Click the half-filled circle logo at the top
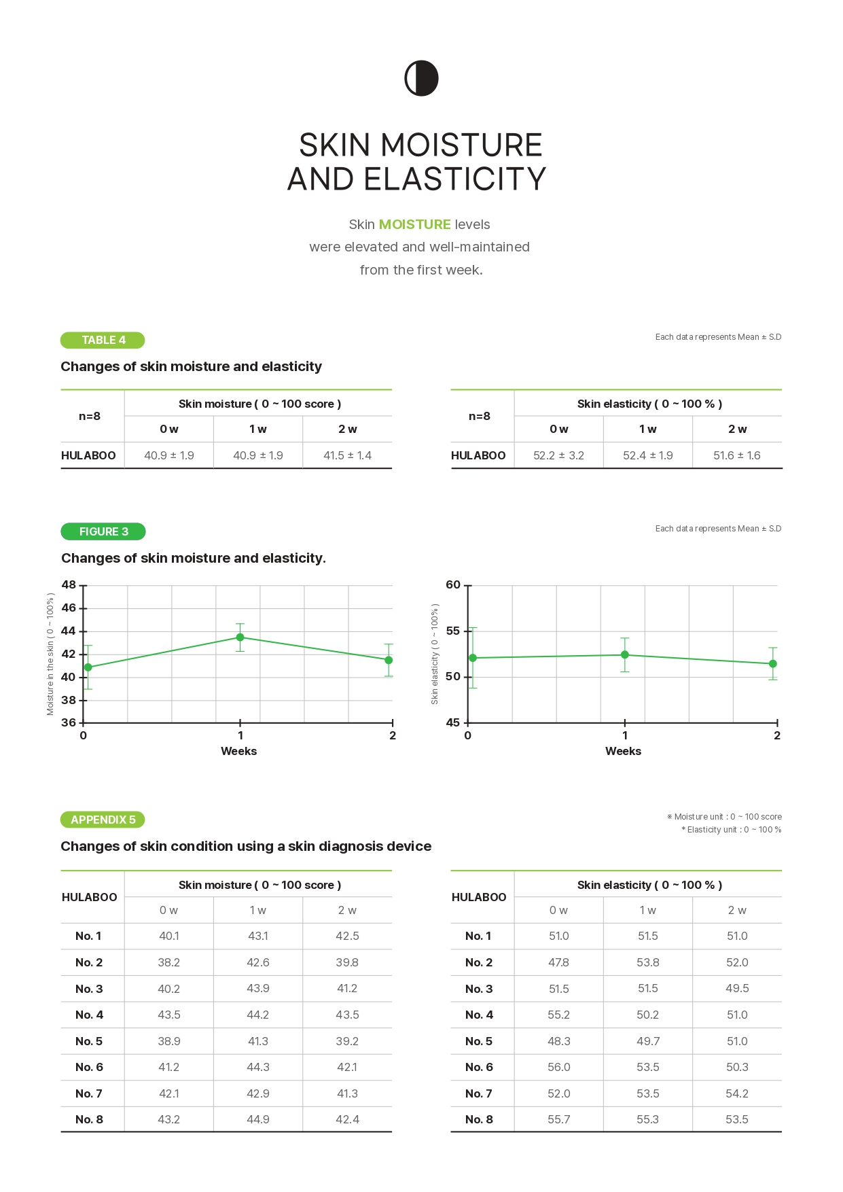421,78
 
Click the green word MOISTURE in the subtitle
414,224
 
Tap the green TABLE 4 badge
103,340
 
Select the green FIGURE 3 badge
103,531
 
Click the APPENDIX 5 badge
103,820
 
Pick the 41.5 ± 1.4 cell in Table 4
347,455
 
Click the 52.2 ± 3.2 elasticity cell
558,455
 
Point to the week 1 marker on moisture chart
240,637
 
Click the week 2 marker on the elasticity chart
772,664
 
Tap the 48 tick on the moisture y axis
69,585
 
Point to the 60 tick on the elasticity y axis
453,585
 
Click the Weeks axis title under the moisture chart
238,751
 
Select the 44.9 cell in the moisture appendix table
258,1119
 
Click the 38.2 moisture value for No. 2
168,962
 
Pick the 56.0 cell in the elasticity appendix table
558,1067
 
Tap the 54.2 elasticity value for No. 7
737,1093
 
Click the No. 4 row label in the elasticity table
479,1015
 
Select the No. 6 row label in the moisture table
89,1067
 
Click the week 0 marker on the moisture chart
88,667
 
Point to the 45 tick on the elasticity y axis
453,722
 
